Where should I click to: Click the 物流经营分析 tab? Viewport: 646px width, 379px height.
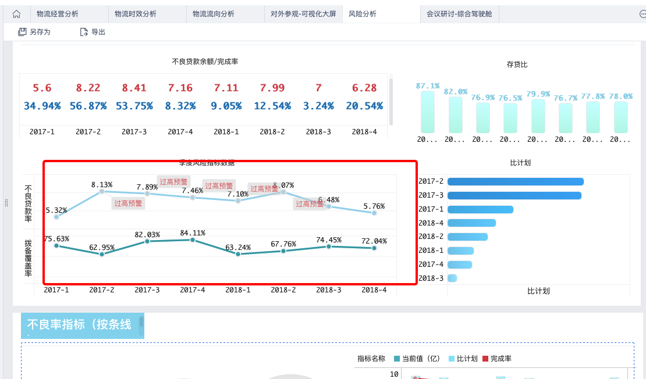coord(57,14)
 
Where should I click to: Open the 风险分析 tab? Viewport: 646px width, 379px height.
coord(362,14)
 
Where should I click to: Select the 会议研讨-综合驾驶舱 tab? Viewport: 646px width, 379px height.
coord(459,14)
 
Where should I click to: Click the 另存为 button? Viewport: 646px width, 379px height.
coord(34,32)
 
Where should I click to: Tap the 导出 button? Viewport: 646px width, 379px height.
coord(93,32)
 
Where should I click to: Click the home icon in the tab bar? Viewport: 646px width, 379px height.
coord(16,14)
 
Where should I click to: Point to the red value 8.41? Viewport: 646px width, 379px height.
coord(134,88)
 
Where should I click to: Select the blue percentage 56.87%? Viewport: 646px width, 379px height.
coord(88,106)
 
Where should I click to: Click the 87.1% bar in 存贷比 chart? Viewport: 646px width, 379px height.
coord(428,112)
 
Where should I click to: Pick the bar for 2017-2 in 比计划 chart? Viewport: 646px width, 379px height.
coord(515,181)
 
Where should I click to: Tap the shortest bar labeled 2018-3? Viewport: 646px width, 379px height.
coord(452,278)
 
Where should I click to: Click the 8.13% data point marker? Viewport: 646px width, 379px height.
coord(102,191)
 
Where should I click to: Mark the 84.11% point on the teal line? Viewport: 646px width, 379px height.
coord(193,239)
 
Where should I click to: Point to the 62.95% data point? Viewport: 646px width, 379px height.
coord(102,254)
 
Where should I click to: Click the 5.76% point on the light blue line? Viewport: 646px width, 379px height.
coord(374,213)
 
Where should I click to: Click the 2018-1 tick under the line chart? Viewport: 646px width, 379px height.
coord(238,289)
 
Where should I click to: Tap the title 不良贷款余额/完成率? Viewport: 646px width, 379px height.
coord(205,62)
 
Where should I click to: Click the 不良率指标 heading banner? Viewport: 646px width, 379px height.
coord(81,325)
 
